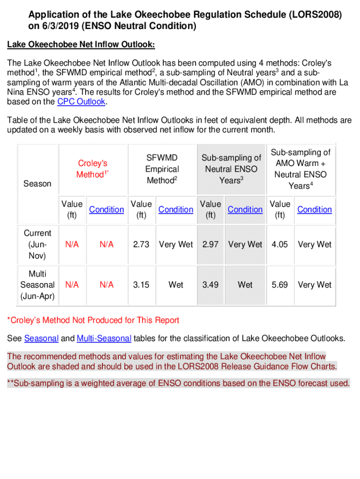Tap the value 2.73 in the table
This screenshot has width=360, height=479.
tap(141, 244)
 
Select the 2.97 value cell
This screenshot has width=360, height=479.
tap(210, 244)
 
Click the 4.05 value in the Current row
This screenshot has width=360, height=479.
tap(280, 244)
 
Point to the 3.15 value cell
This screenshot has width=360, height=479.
tap(141, 284)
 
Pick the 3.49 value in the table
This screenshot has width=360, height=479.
tap(210, 284)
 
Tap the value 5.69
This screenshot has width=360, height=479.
tap(280, 284)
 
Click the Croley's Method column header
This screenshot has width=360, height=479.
tap(93, 169)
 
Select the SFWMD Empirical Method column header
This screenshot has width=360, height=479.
tap(162, 169)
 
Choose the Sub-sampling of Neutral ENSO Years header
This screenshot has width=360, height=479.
tap(231, 169)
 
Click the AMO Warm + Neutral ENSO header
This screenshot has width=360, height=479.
tap(301, 169)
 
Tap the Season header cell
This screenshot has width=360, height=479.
tap(37, 183)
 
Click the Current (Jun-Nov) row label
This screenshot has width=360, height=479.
tap(37, 244)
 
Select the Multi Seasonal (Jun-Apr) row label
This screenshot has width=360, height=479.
tap(37, 284)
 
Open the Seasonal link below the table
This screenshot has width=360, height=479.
tap(41, 338)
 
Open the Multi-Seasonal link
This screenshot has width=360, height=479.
tap(104, 338)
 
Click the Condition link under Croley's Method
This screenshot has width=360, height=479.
tap(107, 210)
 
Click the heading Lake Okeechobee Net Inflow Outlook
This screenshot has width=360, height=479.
tap(80, 45)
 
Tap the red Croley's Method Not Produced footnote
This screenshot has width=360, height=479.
tap(93, 320)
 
